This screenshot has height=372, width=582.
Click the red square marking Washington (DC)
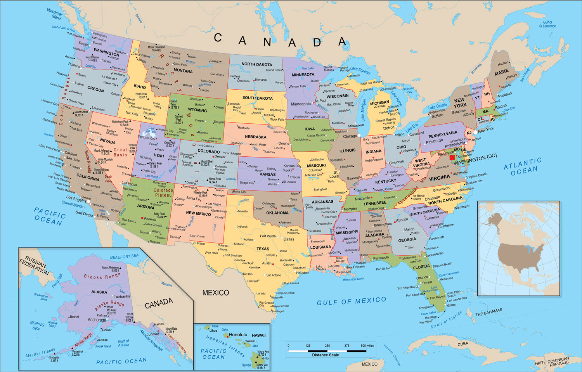point(452,157)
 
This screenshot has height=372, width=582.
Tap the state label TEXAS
point(263,249)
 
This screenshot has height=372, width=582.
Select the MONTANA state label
point(183,71)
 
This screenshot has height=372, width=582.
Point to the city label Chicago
point(350,136)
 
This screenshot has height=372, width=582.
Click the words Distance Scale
point(325,355)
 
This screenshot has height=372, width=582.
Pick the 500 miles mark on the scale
point(367,346)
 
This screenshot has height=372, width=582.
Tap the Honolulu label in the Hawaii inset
point(238,334)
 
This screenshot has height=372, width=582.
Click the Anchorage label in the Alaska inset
point(97,320)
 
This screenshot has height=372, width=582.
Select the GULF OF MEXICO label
point(352,301)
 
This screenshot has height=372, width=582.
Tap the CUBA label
point(462,344)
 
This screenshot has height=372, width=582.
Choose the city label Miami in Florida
point(451,305)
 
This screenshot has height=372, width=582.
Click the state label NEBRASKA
point(255,137)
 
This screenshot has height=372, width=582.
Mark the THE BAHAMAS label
point(488,312)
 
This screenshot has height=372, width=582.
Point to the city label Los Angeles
point(76,198)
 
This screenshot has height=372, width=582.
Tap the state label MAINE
point(501,72)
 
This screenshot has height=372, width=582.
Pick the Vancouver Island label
point(55,14)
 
